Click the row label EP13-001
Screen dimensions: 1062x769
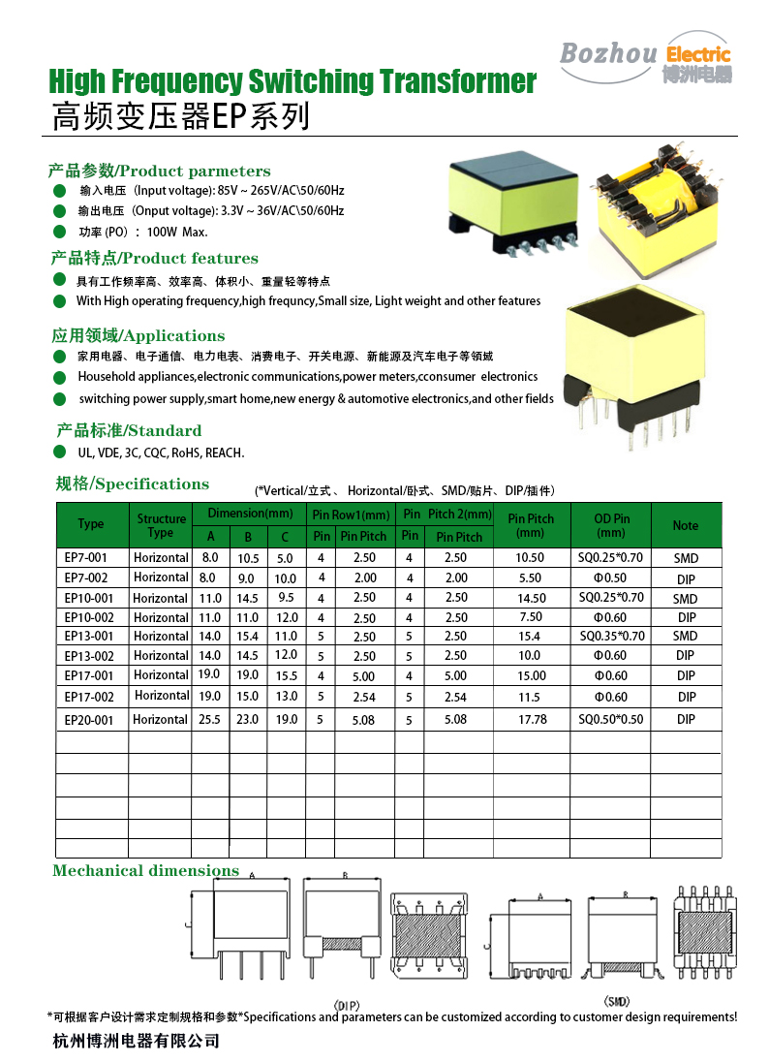click(88, 637)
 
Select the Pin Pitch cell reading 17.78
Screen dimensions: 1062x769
click(532, 720)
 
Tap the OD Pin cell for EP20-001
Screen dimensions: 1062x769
click(611, 720)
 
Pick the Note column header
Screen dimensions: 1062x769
click(686, 525)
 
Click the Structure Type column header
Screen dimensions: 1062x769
click(161, 525)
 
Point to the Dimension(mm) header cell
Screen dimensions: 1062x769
click(249, 513)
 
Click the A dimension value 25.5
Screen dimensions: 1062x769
click(210, 720)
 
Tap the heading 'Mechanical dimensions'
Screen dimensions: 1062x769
click(145, 870)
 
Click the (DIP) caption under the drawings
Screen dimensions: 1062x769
click(346, 1004)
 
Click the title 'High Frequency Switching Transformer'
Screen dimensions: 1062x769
click(292, 80)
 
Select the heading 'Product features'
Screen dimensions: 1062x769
click(154, 258)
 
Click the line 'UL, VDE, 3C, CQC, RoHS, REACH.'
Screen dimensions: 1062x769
click(161, 453)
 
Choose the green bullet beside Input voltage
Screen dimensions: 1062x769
click(59, 190)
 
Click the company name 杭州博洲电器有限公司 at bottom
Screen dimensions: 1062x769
click(136, 1042)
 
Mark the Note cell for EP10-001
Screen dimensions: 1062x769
click(686, 599)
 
